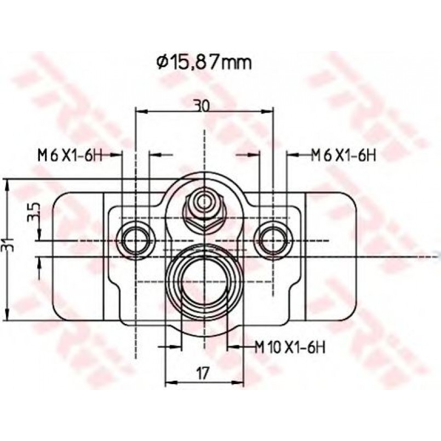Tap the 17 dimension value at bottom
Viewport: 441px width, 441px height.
pyautogui.click(x=203, y=373)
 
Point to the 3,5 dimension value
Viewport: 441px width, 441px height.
pyautogui.click(x=34, y=213)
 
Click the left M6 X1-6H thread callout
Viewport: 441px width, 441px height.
pyautogui.click(x=70, y=155)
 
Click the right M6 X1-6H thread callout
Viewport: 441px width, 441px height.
pyautogui.click(x=343, y=155)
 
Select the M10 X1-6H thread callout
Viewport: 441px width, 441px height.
pyautogui.click(x=290, y=348)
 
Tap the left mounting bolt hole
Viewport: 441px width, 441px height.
pyautogui.click(x=136, y=240)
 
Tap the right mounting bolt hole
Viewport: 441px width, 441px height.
pyautogui.click(x=273, y=240)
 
